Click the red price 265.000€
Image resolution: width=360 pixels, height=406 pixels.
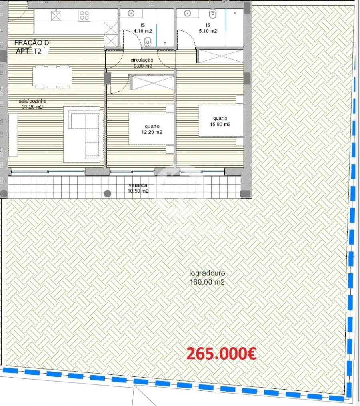221,354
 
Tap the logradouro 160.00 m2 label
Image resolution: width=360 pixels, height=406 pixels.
207,278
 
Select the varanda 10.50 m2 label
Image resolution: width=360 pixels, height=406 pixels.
138,188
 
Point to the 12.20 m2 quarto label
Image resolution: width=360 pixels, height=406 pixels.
150,129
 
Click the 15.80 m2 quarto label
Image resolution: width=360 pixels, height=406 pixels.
220,121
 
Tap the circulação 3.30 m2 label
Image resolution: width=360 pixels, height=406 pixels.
141,63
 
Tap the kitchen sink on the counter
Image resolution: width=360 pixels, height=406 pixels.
56,16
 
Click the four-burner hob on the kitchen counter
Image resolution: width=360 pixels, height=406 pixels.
84,16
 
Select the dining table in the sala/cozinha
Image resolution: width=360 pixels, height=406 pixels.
52,78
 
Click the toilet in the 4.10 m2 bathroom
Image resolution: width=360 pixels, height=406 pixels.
148,41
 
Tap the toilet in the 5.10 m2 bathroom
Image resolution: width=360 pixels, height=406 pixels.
212,15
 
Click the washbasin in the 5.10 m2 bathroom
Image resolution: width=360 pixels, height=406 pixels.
188,14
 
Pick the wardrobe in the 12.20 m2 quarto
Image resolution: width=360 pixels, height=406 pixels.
152,83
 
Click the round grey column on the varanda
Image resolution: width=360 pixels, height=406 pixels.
107,194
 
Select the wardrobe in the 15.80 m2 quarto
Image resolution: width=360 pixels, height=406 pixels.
221,56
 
